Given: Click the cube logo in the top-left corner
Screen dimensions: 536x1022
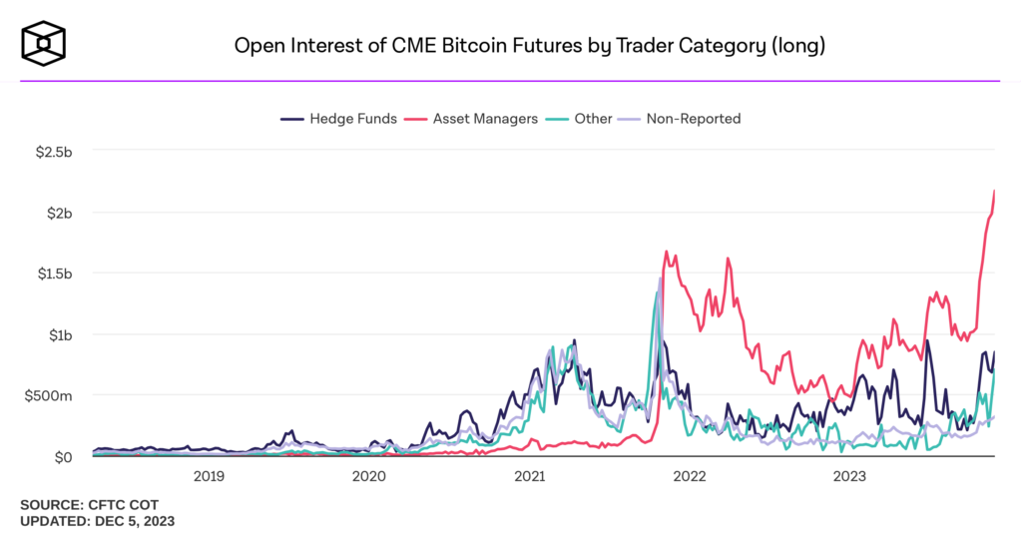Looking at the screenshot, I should point(46,45).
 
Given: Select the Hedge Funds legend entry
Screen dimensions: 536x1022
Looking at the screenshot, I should point(339,119).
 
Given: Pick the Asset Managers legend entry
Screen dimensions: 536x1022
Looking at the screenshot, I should point(472,119).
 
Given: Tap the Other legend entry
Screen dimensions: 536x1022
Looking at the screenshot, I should point(582,119).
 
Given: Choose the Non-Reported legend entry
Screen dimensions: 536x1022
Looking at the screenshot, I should point(682,119).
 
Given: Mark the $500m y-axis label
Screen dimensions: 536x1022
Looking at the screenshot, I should point(50,395).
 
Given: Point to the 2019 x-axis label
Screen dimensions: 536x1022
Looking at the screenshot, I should point(209,476).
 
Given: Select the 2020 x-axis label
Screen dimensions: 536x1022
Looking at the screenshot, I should point(369,476).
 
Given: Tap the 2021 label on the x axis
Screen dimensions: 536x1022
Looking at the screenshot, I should point(530,476).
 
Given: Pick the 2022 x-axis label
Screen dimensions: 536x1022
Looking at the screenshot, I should point(691,476).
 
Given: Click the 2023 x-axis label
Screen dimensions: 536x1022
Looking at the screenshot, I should point(850,476).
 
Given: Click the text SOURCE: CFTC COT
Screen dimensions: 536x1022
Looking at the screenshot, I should point(89,505).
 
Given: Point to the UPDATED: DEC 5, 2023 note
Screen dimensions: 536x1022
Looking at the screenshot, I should point(99,521).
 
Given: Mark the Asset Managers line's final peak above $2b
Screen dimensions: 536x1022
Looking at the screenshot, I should point(995,191).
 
